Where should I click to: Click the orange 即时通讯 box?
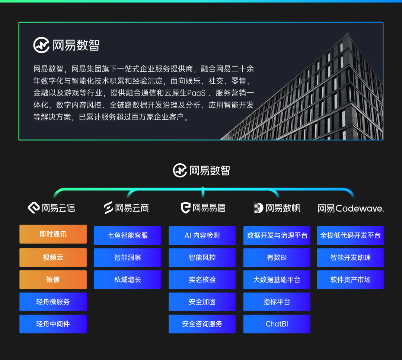pos(53,234)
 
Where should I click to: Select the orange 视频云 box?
pos(53,257)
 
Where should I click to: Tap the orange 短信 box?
pos(53,280)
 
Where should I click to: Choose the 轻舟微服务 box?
pos(53,302)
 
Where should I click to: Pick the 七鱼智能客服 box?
pos(127,235)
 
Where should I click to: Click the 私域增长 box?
pos(127,280)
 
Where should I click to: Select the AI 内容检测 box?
pos(202,235)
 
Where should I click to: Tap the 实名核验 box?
pos(202,280)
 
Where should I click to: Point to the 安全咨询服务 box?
pos(202,324)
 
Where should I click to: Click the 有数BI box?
pos(277,257)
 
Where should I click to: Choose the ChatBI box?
pos(277,324)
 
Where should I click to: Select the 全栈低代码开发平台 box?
pos(350,235)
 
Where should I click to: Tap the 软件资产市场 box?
pos(350,280)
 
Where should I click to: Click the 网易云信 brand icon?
pos(34,208)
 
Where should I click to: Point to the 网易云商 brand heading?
pos(127,208)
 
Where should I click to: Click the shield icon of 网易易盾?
pos(185,208)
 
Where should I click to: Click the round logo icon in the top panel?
pos(41,45)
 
